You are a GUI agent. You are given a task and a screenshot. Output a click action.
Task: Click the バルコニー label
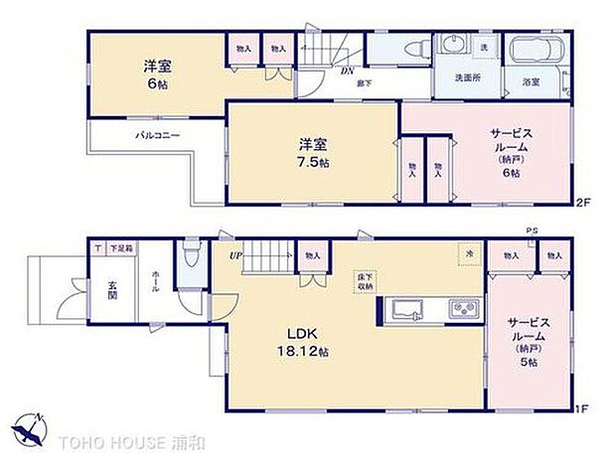point(157,135)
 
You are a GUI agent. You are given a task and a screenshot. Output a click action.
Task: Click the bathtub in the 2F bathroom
point(536,51)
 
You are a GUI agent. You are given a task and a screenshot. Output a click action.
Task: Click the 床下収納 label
point(365,280)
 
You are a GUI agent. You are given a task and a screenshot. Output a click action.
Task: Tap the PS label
point(533,231)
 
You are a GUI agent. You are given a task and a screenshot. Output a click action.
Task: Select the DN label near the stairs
point(348,71)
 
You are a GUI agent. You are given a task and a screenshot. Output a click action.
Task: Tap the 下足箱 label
point(120,248)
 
